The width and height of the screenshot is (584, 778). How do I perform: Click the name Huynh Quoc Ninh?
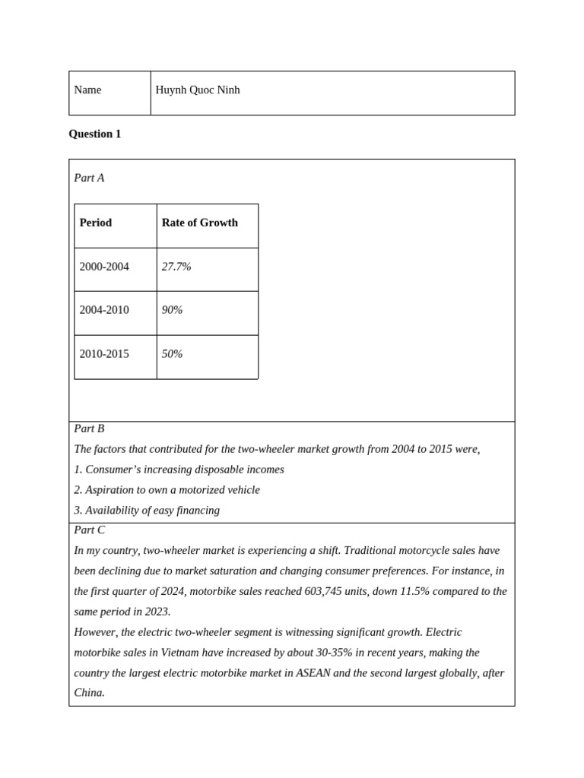(x=198, y=90)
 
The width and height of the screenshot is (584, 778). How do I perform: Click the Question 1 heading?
(x=95, y=134)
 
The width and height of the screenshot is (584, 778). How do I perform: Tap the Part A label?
(x=89, y=178)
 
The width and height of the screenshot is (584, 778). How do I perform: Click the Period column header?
(x=96, y=223)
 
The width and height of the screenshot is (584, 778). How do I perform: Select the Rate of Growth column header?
(x=200, y=223)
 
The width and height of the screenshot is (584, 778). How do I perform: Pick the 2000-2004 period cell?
(x=104, y=267)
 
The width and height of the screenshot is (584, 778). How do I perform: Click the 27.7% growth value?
(x=176, y=267)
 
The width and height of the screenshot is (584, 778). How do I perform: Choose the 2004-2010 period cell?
(x=104, y=310)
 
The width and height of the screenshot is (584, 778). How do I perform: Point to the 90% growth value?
(x=172, y=310)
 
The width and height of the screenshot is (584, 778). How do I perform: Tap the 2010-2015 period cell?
(x=104, y=354)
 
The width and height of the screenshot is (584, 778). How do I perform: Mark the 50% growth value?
(x=172, y=354)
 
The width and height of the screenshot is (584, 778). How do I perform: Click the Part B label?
(x=89, y=429)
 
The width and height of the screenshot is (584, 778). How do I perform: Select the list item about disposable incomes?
(x=179, y=470)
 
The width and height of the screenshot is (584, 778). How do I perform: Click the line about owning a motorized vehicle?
(x=167, y=490)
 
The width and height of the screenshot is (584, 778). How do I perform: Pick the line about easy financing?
(x=147, y=511)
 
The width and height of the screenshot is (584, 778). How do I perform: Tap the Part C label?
(x=90, y=530)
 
